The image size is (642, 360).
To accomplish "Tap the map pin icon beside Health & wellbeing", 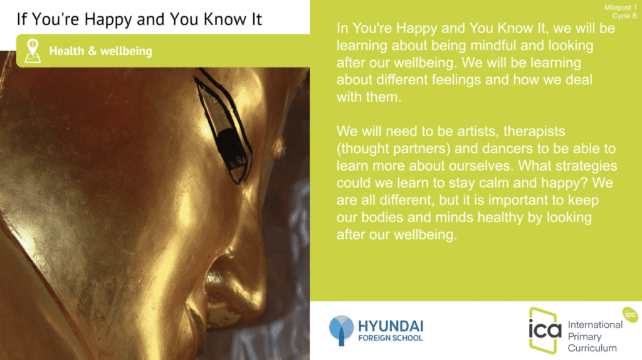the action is [x=33, y=51].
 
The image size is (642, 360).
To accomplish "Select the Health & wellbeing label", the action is [x=101, y=51].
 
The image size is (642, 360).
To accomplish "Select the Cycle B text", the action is [x=624, y=16].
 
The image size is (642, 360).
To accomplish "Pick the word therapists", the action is [x=534, y=131].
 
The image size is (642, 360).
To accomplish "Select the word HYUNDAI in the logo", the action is [x=391, y=326].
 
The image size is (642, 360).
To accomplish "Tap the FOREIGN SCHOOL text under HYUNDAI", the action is [x=391, y=338].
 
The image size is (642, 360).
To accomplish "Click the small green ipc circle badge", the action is [x=630, y=315].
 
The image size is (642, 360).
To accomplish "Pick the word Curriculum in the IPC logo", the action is [x=592, y=348].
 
